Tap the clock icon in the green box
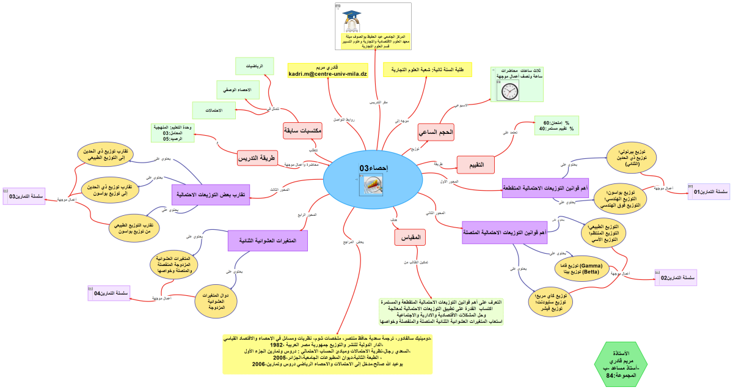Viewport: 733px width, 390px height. click(510, 91)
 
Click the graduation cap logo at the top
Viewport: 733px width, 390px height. click(352, 19)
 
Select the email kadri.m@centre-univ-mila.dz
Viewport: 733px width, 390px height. click(327, 74)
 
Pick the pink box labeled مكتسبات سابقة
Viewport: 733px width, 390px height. click(302, 130)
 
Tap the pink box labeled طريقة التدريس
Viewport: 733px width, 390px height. click(264, 158)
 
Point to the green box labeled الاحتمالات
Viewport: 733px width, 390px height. click(214, 111)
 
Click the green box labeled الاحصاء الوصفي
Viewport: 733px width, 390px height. click(238, 90)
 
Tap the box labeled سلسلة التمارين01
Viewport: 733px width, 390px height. click(709, 192)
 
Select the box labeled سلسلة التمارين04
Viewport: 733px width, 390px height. click(109, 293)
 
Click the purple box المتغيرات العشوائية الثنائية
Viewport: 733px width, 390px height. click(267, 240)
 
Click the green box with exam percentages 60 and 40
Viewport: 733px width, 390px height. click(556, 125)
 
